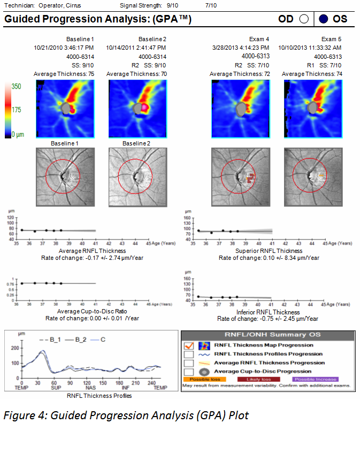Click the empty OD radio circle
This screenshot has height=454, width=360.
(304, 19)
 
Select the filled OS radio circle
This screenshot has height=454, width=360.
(323, 19)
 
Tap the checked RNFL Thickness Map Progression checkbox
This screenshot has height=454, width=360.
(189, 345)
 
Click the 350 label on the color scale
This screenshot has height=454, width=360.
(17, 86)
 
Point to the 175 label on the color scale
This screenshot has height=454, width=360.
(17, 110)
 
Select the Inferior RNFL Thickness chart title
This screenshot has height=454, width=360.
(268, 312)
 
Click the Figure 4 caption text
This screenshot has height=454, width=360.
(126, 415)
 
